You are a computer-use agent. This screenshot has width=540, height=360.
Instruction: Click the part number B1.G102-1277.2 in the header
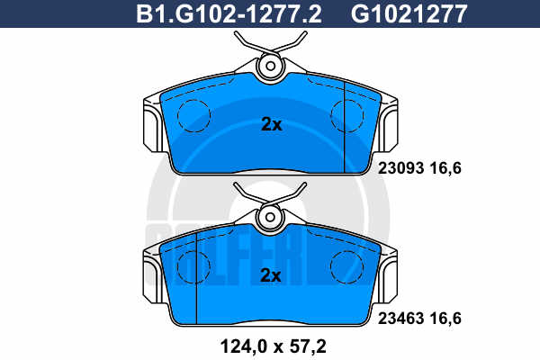point(229,13)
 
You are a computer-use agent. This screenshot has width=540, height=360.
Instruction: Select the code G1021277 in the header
point(409,13)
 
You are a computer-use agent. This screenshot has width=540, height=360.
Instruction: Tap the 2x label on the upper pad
point(272,124)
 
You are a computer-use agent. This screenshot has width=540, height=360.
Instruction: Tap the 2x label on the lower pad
point(271,275)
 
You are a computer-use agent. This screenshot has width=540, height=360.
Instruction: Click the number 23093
point(400,168)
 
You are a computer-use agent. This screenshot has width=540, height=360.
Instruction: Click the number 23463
point(400,319)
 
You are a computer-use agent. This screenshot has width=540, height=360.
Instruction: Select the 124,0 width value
point(244,346)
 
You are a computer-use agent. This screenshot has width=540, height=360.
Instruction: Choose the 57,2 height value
point(308,346)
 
